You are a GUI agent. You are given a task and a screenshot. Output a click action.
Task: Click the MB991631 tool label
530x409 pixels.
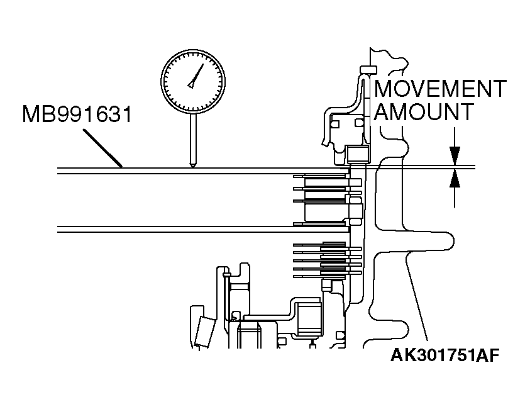77,114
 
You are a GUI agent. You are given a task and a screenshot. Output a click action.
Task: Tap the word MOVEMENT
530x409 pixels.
440,89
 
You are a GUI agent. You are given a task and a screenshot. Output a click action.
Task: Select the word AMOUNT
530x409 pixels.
424,111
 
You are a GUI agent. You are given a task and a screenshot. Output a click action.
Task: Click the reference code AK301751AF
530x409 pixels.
445,356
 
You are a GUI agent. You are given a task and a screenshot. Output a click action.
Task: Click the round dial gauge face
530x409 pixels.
192,82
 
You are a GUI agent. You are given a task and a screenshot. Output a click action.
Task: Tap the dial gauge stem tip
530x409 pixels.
192,165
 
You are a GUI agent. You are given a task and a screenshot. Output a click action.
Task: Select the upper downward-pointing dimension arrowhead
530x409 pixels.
455,155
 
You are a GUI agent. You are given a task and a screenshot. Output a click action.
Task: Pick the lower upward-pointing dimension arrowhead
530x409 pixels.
455,179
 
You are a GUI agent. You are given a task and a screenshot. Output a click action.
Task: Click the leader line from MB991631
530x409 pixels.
102,148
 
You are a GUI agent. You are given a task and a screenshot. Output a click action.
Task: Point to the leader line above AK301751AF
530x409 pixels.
418,296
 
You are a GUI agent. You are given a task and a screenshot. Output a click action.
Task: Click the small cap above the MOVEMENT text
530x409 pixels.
368,70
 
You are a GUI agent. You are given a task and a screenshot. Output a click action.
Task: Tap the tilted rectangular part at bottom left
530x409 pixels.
206,332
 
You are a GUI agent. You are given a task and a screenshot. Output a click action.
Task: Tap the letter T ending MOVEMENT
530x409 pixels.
500,89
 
